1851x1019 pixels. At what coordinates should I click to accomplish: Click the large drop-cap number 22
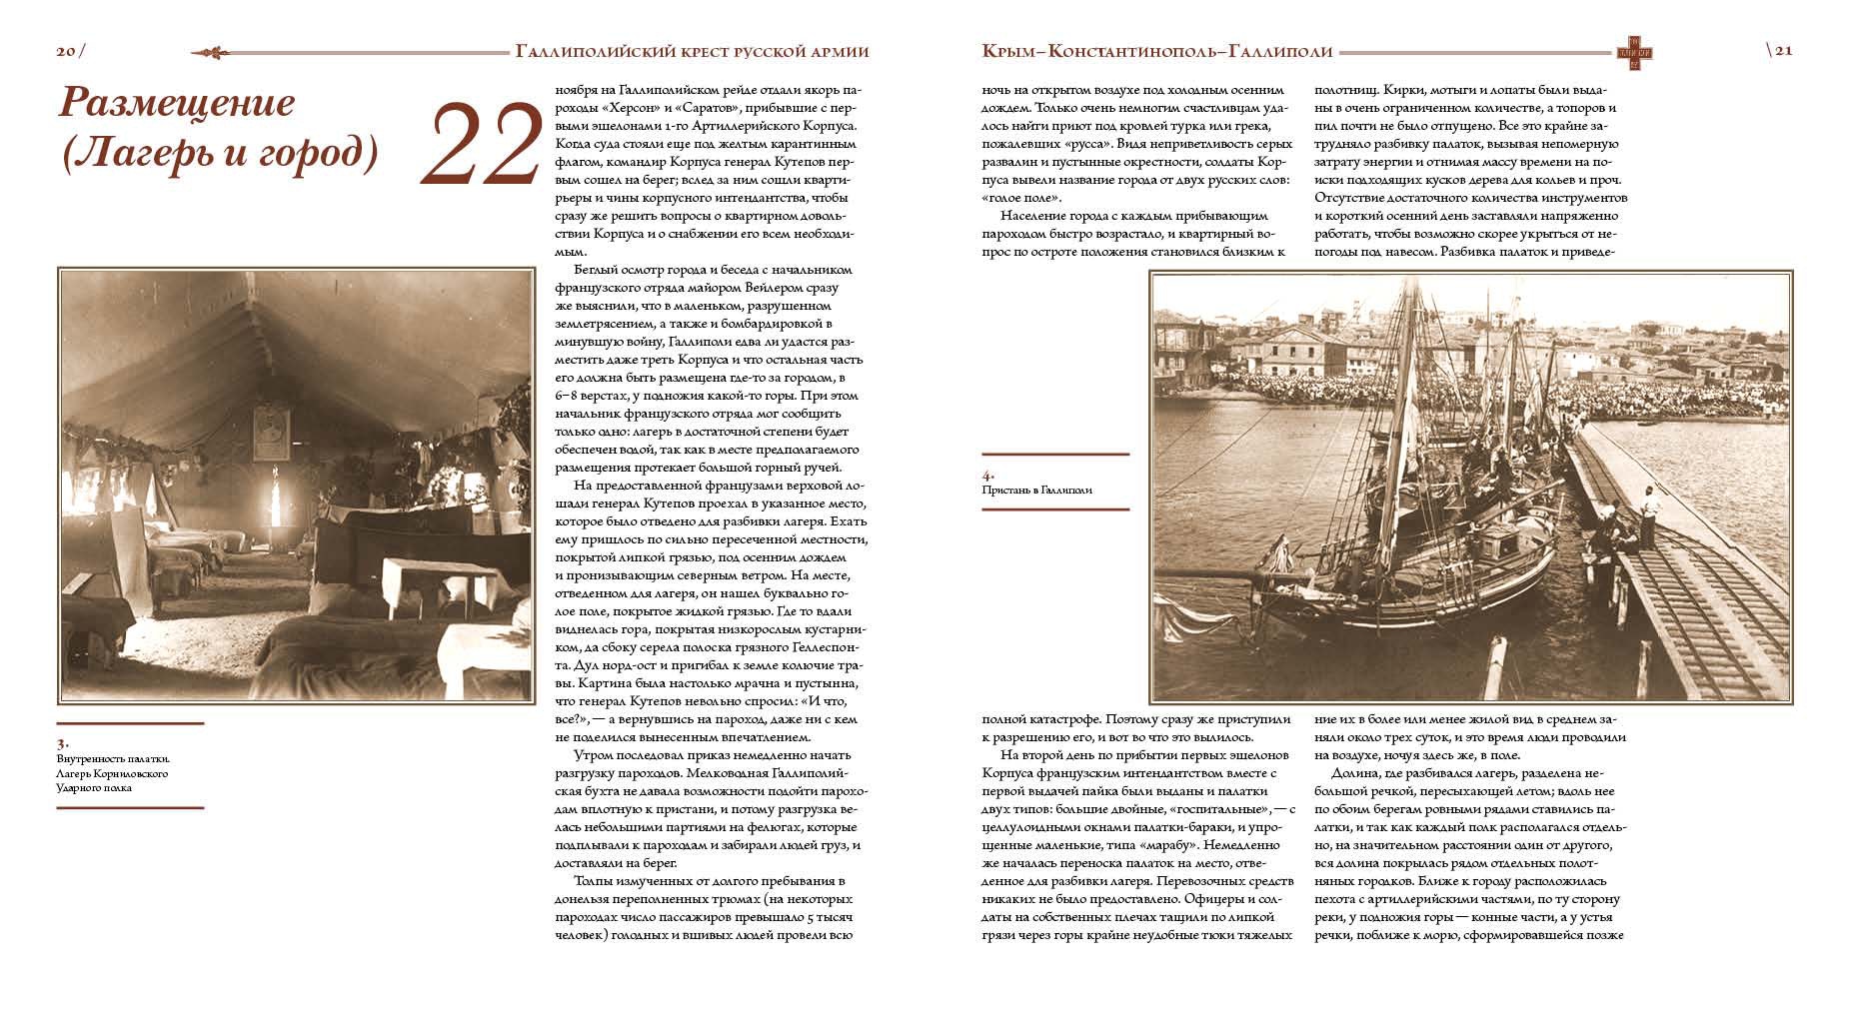click(x=483, y=146)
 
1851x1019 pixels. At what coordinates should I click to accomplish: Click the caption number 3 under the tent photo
click(x=62, y=743)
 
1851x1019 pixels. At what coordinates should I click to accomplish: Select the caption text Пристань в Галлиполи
click(x=1036, y=491)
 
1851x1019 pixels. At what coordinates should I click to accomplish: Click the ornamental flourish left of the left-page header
click(x=218, y=52)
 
